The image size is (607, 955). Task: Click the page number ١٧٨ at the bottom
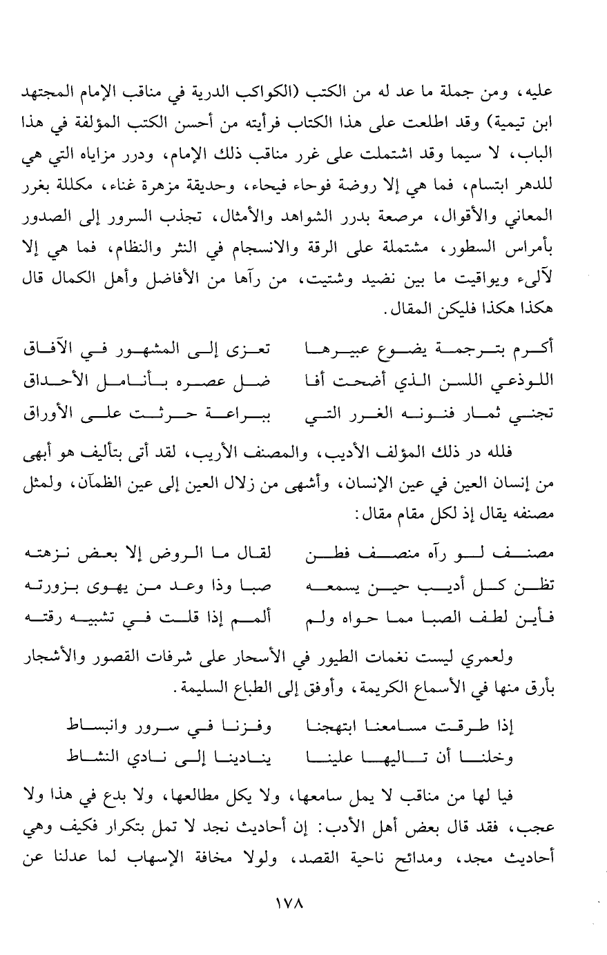coord(304,902)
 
